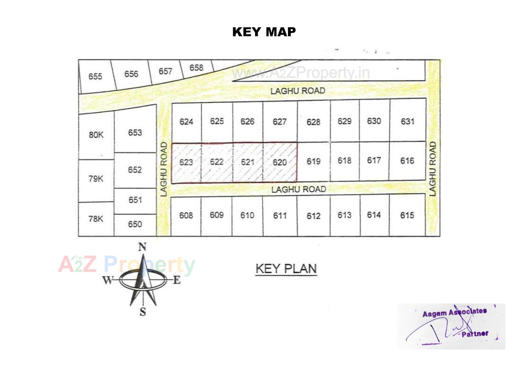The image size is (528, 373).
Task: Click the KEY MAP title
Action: pyautogui.click(x=264, y=32)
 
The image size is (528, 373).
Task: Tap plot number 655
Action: pyautogui.click(x=95, y=76)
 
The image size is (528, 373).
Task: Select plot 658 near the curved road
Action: pyautogui.click(x=196, y=68)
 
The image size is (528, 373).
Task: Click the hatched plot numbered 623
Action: pyautogui.click(x=186, y=162)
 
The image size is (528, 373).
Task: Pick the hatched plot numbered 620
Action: pyautogui.click(x=280, y=162)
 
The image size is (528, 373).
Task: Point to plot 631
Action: pyautogui.click(x=407, y=121)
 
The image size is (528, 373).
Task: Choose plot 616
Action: pyautogui.click(x=407, y=161)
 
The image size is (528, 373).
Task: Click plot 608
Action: pyautogui.click(x=186, y=215)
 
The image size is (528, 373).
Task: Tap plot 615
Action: pyautogui.click(x=407, y=215)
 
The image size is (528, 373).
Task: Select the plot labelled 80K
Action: pyautogui.click(x=96, y=135)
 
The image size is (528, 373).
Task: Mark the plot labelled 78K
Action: pyautogui.click(x=96, y=219)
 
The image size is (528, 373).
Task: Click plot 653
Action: pyautogui.click(x=135, y=133)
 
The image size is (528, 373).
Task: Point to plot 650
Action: pyautogui.click(x=135, y=224)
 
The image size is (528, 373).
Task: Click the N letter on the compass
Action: pyautogui.click(x=142, y=247)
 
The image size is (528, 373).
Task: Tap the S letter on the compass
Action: pyautogui.click(x=143, y=312)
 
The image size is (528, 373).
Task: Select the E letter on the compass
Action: pyautogui.click(x=177, y=280)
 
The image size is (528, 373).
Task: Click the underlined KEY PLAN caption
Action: pyautogui.click(x=286, y=269)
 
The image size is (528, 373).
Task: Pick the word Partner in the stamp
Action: pyautogui.click(x=475, y=334)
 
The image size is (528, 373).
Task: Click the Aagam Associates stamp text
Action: pyautogui.click(x=455, y=312)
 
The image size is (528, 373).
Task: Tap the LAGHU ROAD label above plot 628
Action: pyautogui.click(x=298, y=91)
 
